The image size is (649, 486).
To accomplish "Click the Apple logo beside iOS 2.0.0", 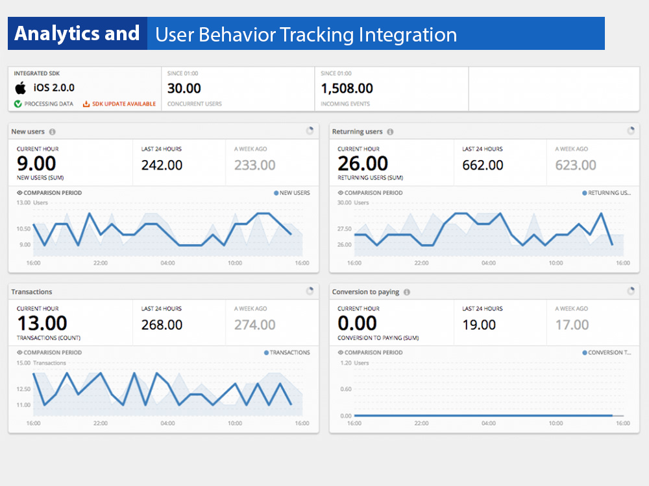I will [x=20, y=88].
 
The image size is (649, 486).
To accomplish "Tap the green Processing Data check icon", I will [x=18, y=104].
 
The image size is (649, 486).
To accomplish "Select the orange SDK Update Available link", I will [x=119, y=104].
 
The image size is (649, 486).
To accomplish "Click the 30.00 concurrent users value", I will [x=184, y=88].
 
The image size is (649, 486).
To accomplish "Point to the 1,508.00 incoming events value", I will [x=347, y=88].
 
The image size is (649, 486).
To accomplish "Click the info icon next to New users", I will [x=52, y=132].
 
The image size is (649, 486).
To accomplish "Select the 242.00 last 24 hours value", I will [x=162, y=165].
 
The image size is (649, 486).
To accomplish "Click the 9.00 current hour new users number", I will [x=36, y=163].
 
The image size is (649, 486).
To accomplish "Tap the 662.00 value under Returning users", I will [x=482, y=165].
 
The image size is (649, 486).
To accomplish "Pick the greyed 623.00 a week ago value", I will [x=575, y=165].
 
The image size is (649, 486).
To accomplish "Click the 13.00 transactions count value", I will [x=42, y=323].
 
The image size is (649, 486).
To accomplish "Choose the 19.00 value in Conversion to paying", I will [x=479, y=325].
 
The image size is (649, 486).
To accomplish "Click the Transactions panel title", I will [x=32, y=292].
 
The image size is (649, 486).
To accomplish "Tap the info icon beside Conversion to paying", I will [x=407, y=292].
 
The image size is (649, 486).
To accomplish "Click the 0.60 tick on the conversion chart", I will [x=345, y=389].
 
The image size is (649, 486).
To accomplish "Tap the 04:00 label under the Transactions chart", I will [x=167, y=423].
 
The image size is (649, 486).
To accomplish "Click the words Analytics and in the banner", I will [x=77, y=34].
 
